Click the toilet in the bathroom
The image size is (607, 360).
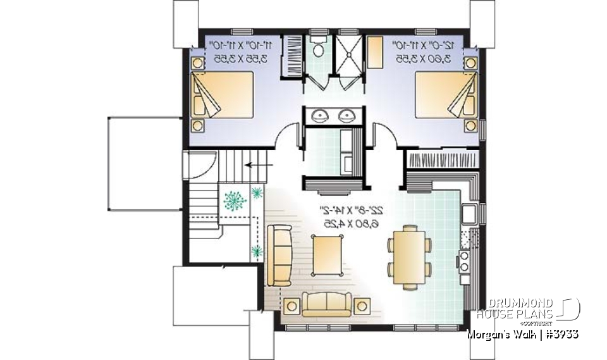(319, 47)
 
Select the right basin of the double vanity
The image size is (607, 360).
(346, 116)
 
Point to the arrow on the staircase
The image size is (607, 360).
(255, 164)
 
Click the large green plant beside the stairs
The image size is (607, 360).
(236, 199)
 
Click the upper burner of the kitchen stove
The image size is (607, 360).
(463, 256)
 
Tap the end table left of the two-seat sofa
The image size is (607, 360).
(291, 307)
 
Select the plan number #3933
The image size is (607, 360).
(560, 333)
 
